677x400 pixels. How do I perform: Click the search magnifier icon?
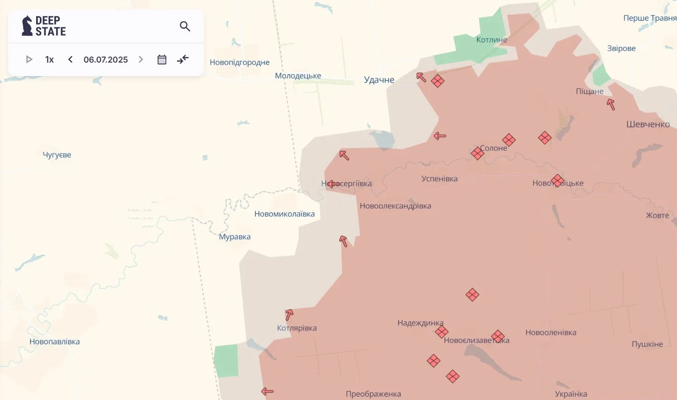(x=185, y=26)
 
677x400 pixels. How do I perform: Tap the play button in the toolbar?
(x=29, y=59)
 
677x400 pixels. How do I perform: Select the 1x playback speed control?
(x=50, y=59)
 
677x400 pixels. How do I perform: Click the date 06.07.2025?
(x=106, y=59)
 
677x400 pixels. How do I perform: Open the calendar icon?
(x=162, y=59)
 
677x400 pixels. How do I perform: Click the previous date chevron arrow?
(x=70, y=59)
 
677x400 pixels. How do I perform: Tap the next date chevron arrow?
(x=141, y=59)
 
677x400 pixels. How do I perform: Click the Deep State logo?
(x=44, y=26)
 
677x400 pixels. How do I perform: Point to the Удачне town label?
(x=379, y=80)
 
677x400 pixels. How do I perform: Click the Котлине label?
(x=492, y=40)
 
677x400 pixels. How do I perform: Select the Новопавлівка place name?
(x=55, y=342)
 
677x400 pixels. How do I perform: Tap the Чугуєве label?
(x=57, y=155)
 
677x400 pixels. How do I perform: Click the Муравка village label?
(x=234, y=237)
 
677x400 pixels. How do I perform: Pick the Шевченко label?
(x=648, y=124)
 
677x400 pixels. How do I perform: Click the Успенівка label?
(x=439, y=179)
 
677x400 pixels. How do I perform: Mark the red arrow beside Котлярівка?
(x=289, y=315)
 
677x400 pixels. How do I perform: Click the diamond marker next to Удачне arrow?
(x=437, y=81)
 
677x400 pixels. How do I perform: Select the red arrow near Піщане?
(x=611, y=104)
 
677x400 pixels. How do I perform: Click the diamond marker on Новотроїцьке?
(x=557, y=181)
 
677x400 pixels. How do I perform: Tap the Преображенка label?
(x=373, y=394)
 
